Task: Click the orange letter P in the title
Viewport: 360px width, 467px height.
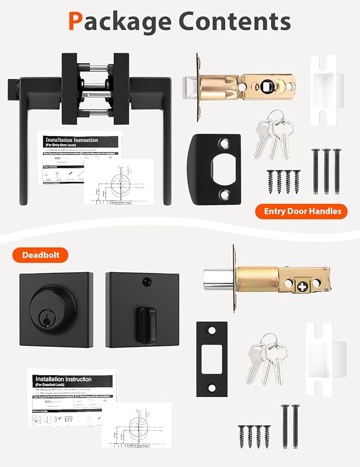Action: click(x=77, y=22)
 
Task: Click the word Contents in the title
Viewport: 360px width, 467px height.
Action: click(x=235, y=22)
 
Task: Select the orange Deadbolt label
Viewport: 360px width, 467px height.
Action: click(x=45, y=255)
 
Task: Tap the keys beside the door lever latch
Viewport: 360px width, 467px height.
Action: click(x=271, y=136)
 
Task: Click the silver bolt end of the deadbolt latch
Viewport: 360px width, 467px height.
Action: click(x=218, y=279)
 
